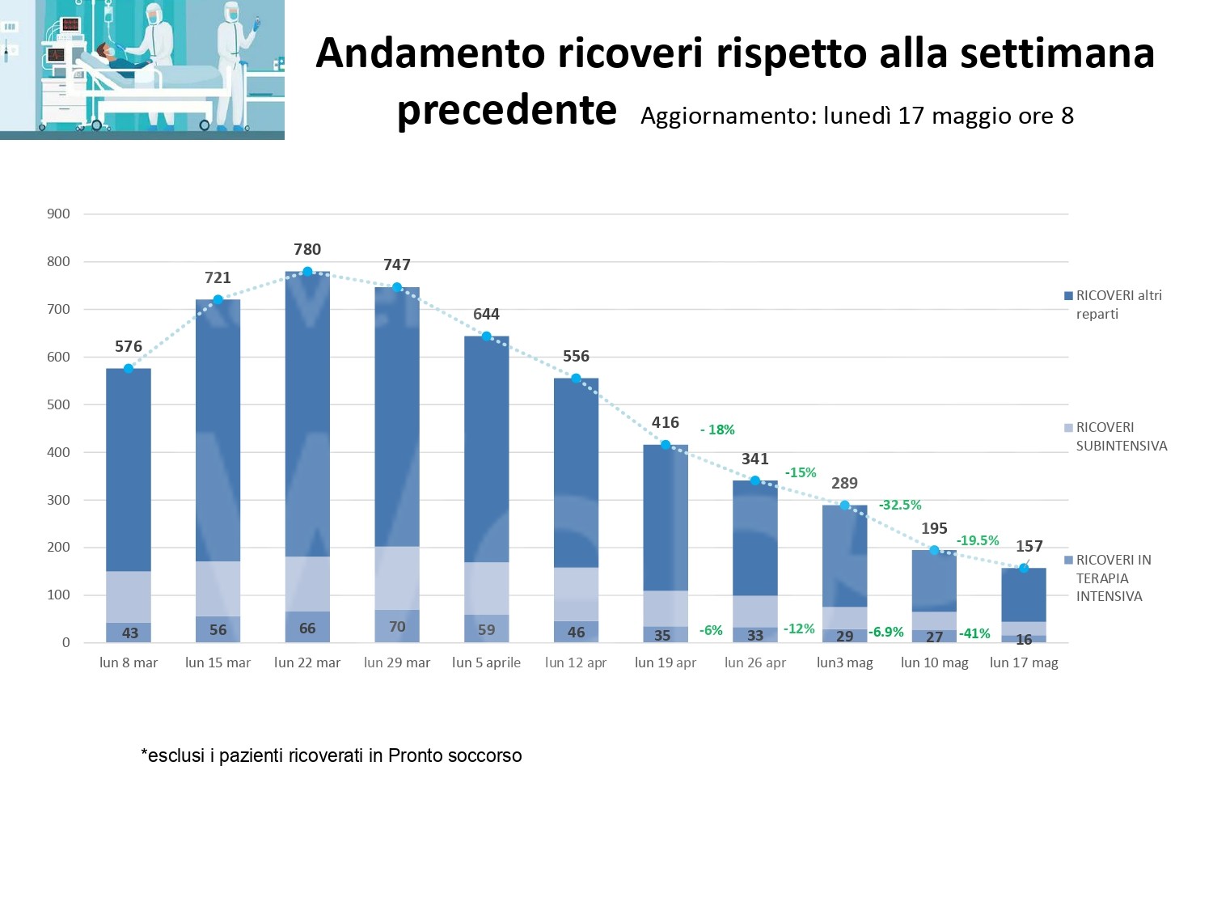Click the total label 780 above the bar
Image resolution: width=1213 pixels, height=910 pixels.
(307, 249)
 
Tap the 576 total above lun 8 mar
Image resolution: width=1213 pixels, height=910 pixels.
(129, 346)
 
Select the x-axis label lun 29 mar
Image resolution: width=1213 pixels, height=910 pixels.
(397, 662)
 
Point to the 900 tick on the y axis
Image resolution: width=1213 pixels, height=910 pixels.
(58, 214)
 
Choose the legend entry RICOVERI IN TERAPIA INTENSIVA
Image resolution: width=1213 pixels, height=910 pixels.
(1113, 578)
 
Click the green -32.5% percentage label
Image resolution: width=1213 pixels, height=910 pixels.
(900, 505)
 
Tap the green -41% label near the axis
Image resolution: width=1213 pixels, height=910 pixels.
(974, 633)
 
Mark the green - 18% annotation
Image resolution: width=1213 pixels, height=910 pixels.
(717, 430)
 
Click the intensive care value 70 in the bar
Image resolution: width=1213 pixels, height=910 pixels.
(397, 626)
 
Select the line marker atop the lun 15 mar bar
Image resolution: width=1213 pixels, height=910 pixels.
(218, 300)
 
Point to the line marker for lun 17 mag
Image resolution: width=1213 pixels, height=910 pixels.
(1024, 568)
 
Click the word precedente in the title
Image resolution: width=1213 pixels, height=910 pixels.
(507, 110)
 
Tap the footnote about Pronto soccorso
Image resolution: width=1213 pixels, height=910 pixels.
(332, 756)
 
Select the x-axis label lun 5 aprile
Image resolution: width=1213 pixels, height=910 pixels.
(486, 662)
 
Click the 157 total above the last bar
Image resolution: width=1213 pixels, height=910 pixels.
(1029, 546)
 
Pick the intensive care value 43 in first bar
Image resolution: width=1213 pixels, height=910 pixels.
(129, 633)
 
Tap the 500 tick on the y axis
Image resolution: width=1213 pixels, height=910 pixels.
(58, 404)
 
